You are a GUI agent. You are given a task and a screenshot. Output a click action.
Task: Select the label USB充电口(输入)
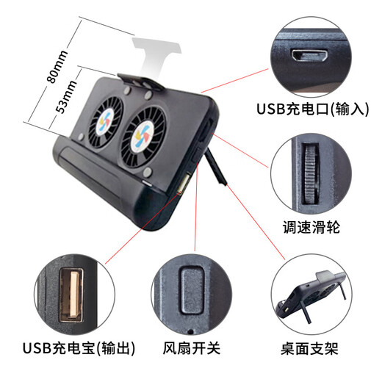(x=311, y=109)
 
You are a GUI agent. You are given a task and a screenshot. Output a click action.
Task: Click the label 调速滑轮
(x=310, y=227)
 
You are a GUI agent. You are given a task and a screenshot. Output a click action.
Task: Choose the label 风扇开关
(x=191, y=347)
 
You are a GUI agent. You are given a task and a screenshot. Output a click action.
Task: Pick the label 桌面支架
(x=309, y=347)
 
